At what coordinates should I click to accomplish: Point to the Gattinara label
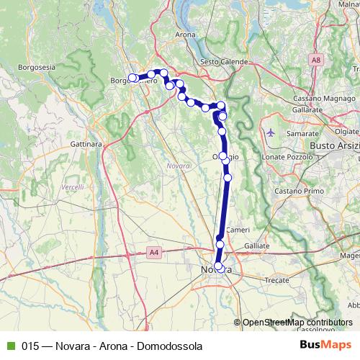pos(86,144)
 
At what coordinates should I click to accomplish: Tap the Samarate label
pos(302,134)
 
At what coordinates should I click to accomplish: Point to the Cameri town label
pos(237,230)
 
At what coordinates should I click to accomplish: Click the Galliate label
pos(256,246)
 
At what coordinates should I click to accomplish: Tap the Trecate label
pos(277,279)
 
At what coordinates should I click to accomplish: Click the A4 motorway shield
pos(153,252)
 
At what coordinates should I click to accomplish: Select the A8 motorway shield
pos(316,60)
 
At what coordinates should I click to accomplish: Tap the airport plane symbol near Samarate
pos(270,132)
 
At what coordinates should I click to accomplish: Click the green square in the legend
pos(9,346)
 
